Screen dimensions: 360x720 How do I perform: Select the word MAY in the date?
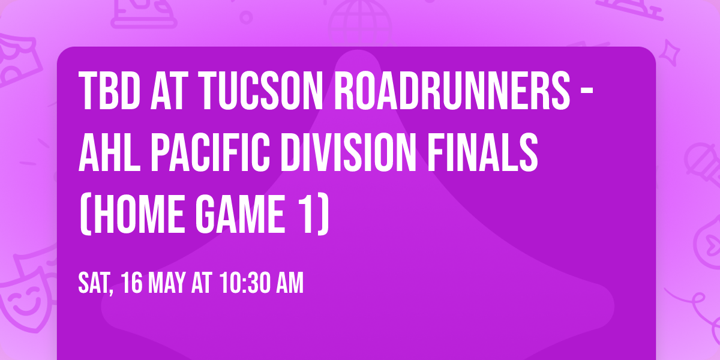pyautogui.click(x=170, y=283)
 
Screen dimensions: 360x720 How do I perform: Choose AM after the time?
pyautogui.click(x=289, y=283)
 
